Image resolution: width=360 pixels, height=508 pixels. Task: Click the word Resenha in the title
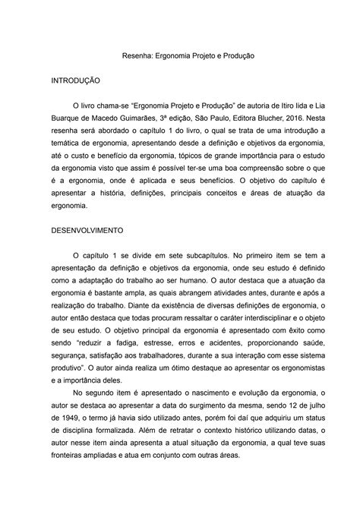(141, 56)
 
